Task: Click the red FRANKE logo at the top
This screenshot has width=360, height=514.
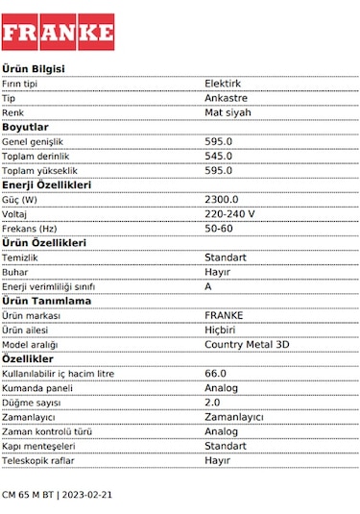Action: pos(58,32)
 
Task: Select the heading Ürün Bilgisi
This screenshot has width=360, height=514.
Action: pos(34,69)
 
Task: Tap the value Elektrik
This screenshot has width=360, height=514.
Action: pos(224,84)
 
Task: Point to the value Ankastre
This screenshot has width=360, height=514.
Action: pos(227,98)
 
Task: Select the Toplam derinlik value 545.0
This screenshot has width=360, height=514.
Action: pos(219,156)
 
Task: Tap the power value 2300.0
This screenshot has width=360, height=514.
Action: pos(222,199)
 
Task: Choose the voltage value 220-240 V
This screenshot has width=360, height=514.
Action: pos(230,213)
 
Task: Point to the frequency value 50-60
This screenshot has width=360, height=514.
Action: pos(219,228)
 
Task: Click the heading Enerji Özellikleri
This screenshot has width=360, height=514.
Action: pos(46,184)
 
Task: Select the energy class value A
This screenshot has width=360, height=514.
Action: pos(208,286)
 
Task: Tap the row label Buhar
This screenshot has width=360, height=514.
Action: pos(15,272)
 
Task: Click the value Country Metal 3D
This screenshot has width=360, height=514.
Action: pos(247,344)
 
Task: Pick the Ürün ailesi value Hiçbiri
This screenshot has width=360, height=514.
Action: pos(221,330)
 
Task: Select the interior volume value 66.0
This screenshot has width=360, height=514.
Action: pos(216,373)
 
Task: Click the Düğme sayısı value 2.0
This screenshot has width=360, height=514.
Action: pos(213,402)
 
